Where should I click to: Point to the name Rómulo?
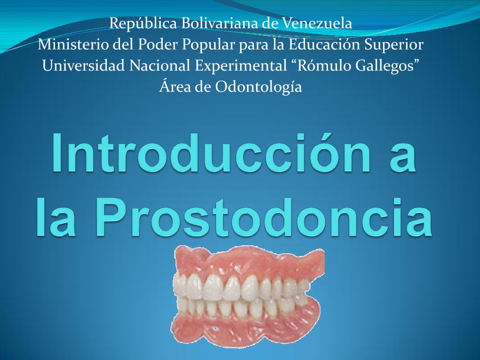click(x=324, y=66)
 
